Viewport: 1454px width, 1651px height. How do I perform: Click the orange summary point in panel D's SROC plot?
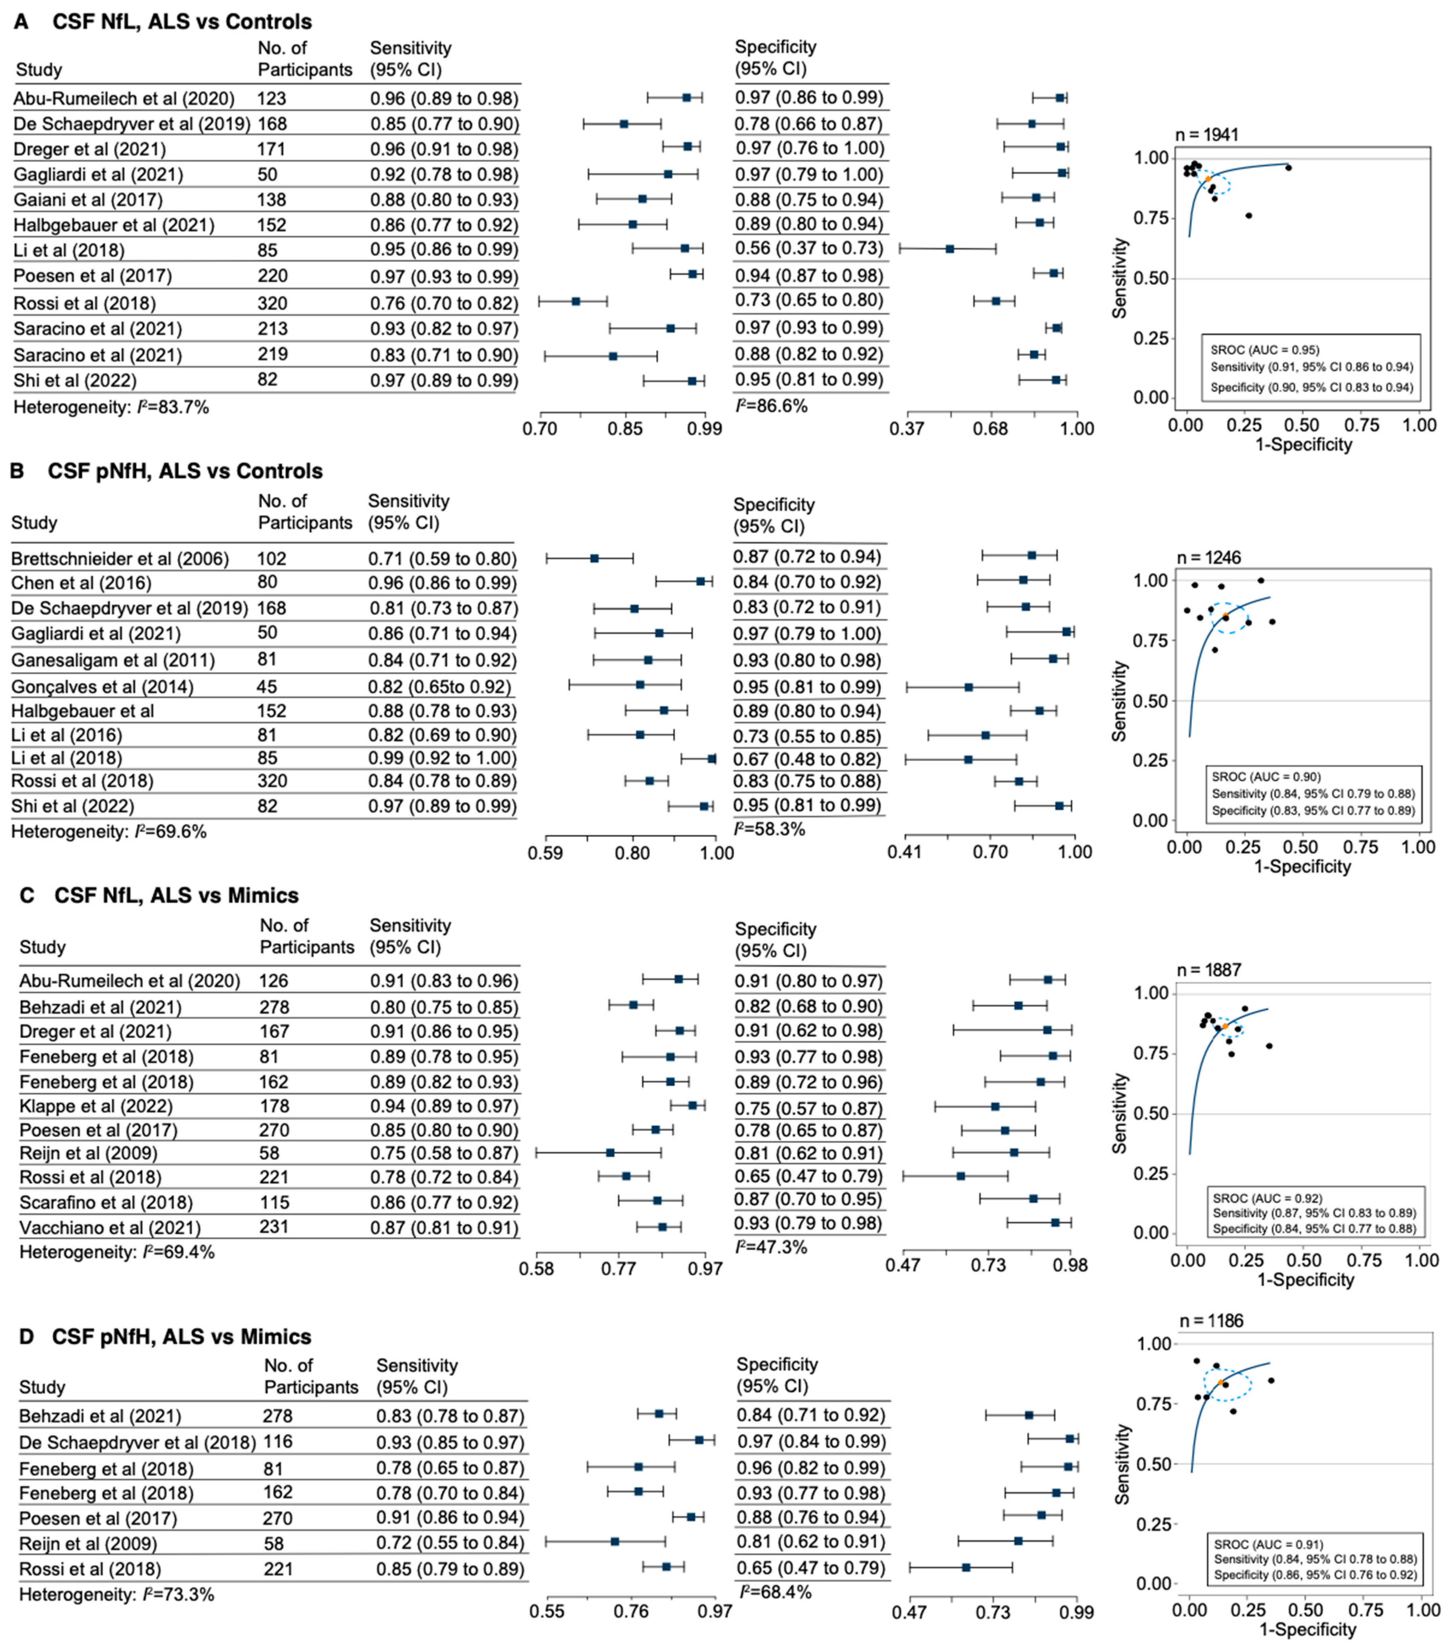coord(1221,1383)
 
